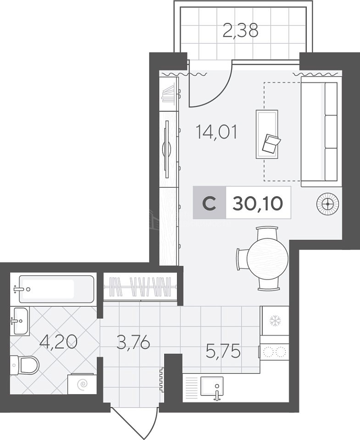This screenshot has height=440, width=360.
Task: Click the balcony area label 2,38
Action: pyautogui.click(x=240, y=31)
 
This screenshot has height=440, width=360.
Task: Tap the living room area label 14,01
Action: pyautogui.click(x=216, y=132)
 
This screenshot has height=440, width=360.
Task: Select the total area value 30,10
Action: pyautogui.click(x=258, y=203)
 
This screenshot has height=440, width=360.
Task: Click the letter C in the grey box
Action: pyautogui.click(x=209, y=203)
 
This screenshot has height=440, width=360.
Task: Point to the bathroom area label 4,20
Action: pyautogui.click(x=58, y=342)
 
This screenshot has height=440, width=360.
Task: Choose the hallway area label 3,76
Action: pyautogui.click(x=133, y=342)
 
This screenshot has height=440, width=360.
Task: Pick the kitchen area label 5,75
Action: pyautogui.click(x=223, y=352)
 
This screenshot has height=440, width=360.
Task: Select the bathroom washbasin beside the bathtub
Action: pyautogui.click(x=20, y=321)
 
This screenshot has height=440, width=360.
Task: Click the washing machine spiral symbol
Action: pyautogui.click(x=83, y=384)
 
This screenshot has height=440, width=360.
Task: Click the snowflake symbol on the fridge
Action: pyautogui.click(x=275, y=321)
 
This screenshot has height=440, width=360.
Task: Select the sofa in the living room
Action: pyautogui.click(x=321, y=132)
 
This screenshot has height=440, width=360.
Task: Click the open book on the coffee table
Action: pyautogui.click(x=271, y=143)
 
